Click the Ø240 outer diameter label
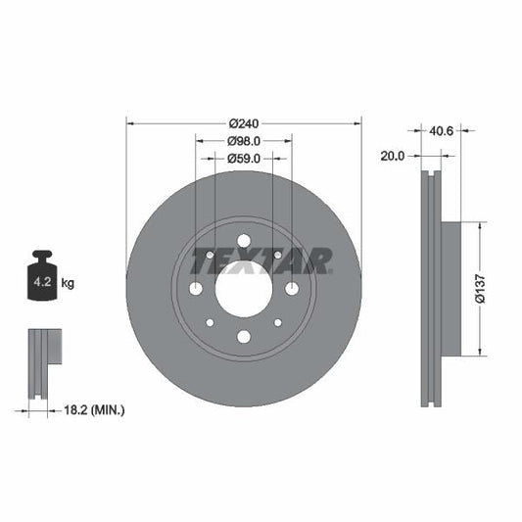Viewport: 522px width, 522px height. pyautogui.click(x=243, y=123)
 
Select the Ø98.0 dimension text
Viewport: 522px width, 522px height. pyautogui.click(x=243, y=141)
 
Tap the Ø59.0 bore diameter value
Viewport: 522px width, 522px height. pyautogui.click(x=243, y=158)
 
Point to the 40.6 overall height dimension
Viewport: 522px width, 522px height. pyautogui.click(x=441, y=127)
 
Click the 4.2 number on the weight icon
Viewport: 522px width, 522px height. pyautogui.click(x=42, y=283)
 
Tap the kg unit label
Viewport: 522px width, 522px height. pyautogui.click(x=68, y=283)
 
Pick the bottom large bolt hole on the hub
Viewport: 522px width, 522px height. pyautogui.click(x=243, y=337)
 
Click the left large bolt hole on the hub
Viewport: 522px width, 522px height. pyautogui.click(x=195, y=289)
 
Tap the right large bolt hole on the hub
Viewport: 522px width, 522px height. pyautogui.click(x=291, y=289)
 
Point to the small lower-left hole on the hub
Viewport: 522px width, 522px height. pyautogui.click(x=210, y=322)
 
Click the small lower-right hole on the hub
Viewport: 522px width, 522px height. pyautogui.click(x=277, y=322)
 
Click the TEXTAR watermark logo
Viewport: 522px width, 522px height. pyautogui.click(x=261, y=261)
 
